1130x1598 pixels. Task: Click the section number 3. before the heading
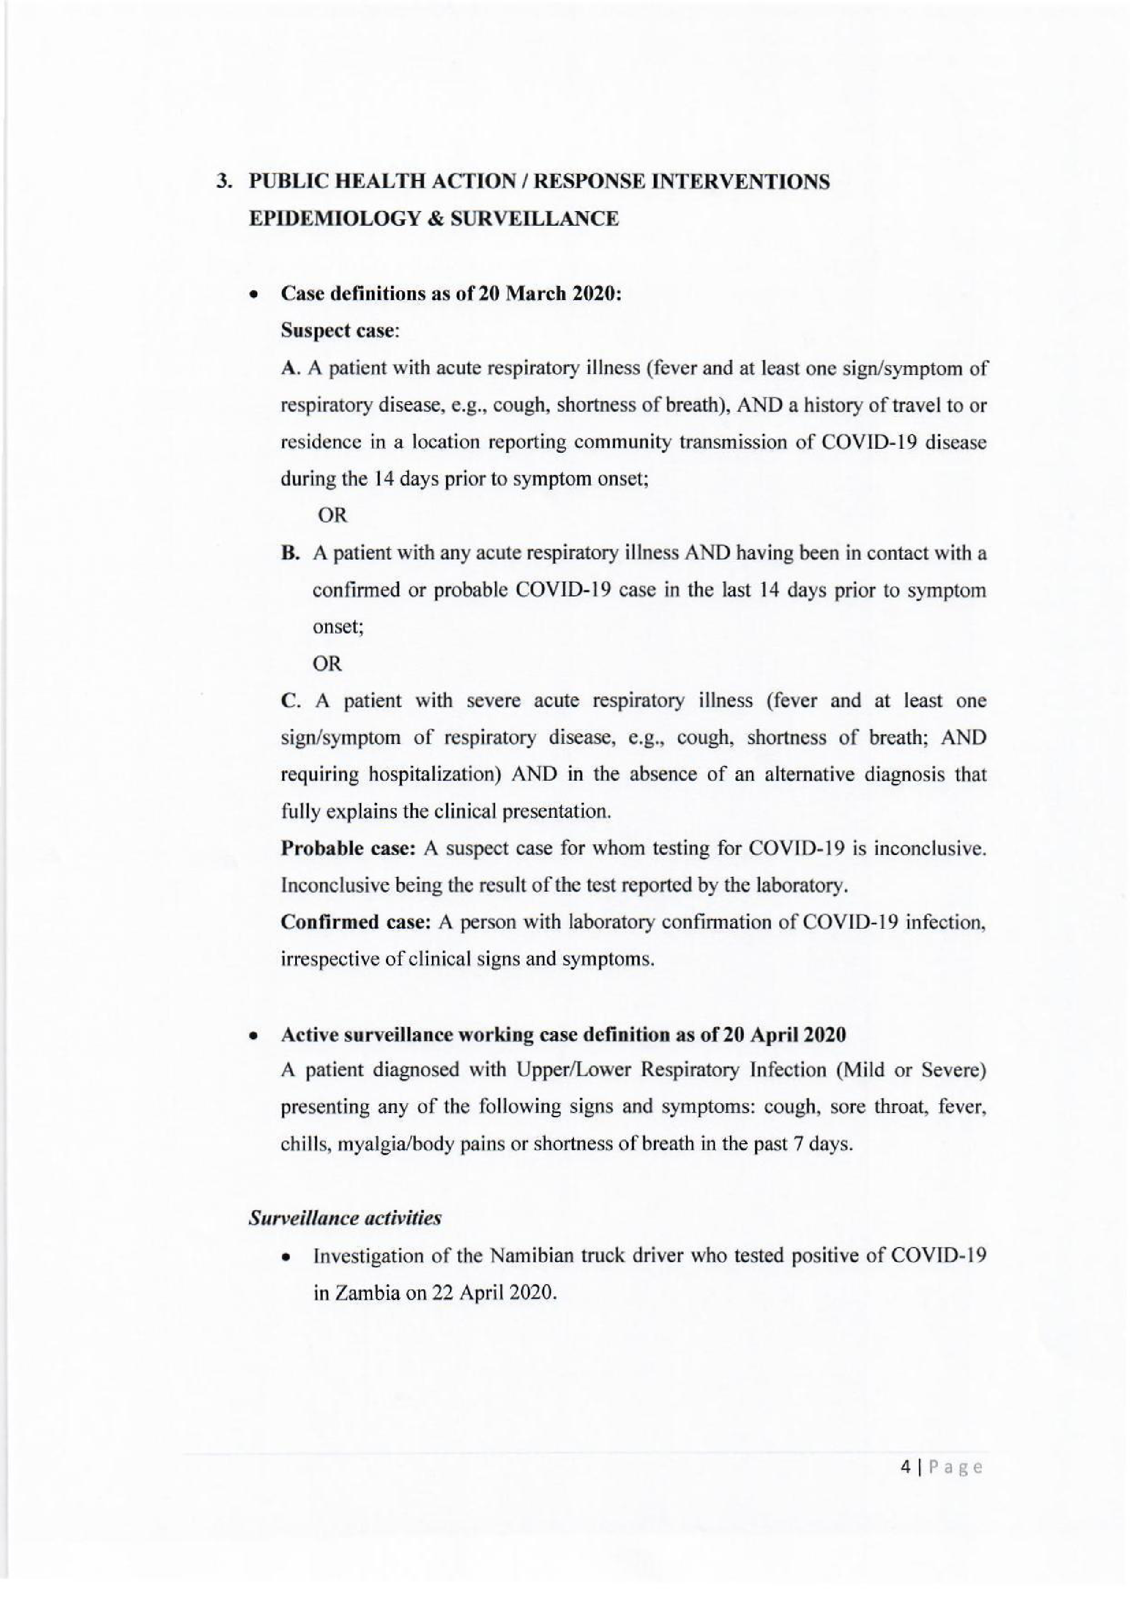pos(224,183)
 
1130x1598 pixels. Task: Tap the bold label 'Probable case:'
pos(349,849)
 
